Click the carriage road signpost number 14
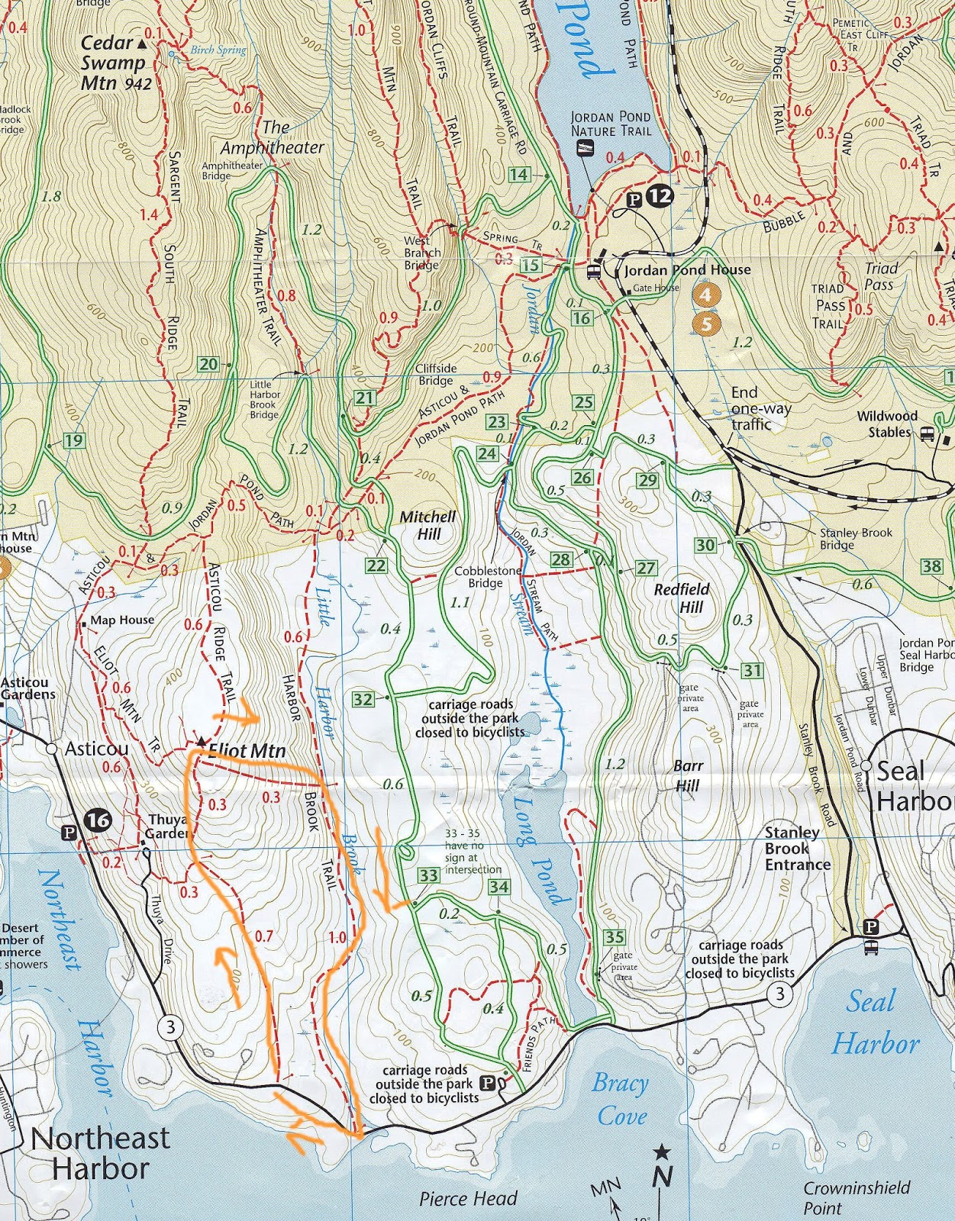click(519, 175)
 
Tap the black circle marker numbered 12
click(660, 197)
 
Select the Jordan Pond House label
click(687, 270)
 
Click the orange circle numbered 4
click(706, 294)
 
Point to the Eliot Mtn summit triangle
click(201, 741)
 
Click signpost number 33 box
click(428, 876)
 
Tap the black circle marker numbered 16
click(98, 821)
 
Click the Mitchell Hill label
click(427, 525)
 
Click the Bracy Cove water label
click(621, 1099)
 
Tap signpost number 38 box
click(932, 565)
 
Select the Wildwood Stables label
click(886, 424)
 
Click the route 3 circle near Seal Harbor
click(779, 993)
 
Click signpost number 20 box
click(208, 364)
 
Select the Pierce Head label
click(468, 1198)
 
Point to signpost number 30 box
click(705, 545)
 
